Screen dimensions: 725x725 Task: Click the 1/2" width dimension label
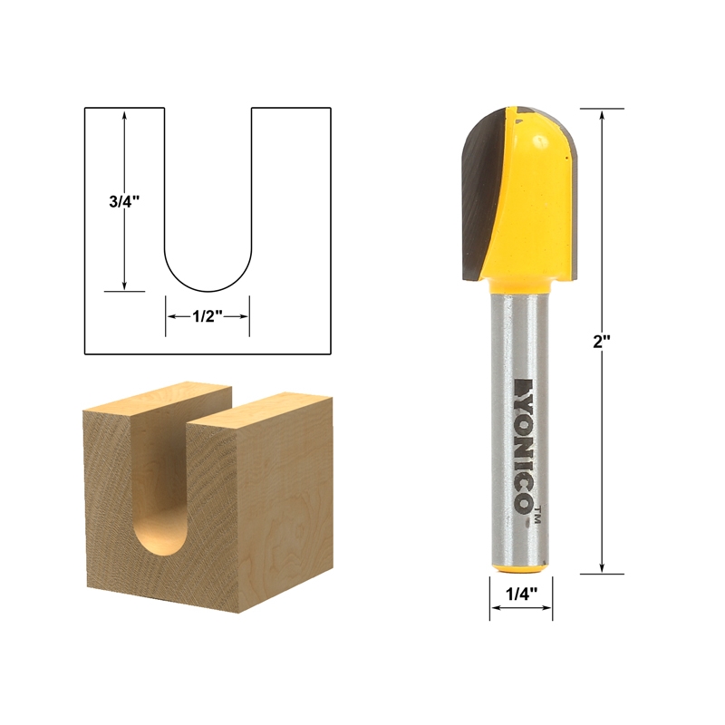(207, 316)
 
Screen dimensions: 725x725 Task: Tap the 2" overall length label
(603, 341)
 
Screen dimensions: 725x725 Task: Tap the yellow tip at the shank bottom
(521, 567)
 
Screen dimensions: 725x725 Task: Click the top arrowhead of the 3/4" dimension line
(124, 114)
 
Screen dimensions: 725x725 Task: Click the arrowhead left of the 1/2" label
(169, 316)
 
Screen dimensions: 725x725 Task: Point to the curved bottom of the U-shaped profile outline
(208, 289)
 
